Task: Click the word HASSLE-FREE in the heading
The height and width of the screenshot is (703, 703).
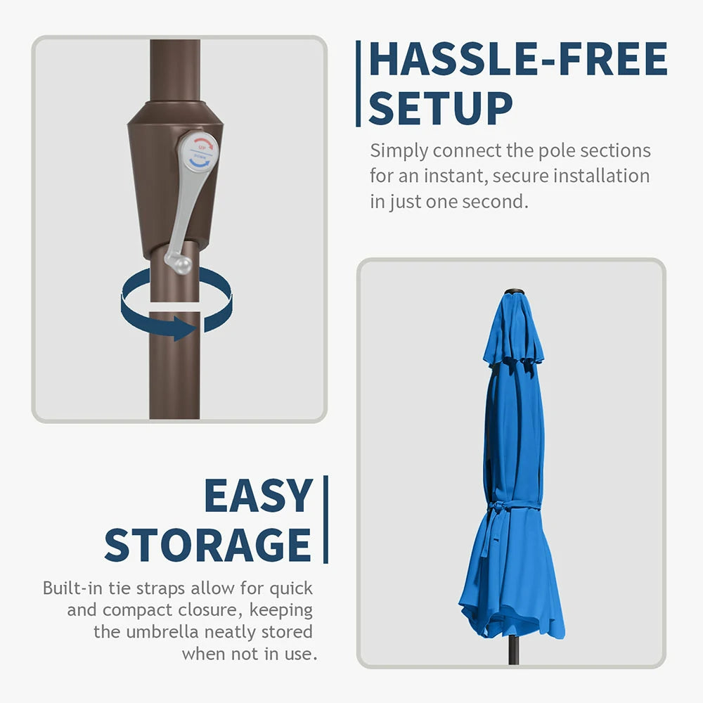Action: point(518,59)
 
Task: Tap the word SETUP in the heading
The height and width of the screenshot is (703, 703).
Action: point(440,108)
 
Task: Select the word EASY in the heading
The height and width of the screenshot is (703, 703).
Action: point(258,496)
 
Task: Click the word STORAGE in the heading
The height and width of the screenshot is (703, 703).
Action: point(207,545)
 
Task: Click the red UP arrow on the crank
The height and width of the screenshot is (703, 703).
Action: point(203,144)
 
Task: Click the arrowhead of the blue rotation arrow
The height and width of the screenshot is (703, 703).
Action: point(184,328)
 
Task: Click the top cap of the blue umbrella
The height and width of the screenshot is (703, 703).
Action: point(514,292)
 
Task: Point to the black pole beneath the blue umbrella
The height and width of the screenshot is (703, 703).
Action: point(514,650)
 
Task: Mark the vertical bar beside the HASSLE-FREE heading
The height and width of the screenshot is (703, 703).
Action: point(359,84)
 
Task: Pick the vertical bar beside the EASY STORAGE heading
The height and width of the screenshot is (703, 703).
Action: point(326,520)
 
